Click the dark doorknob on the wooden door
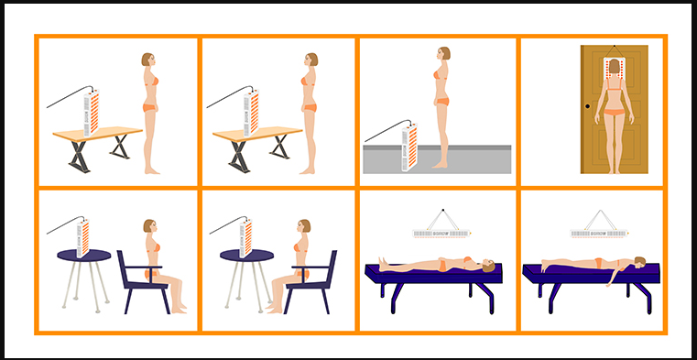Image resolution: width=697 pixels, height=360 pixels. [588, 107]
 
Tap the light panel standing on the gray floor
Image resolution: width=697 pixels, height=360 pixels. [408, 147]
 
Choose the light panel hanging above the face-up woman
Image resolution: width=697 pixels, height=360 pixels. [443, 234]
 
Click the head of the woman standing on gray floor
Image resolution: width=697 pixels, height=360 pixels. [442, 54]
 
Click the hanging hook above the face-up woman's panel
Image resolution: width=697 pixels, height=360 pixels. [443, 205]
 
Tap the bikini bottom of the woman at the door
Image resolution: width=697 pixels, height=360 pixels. [614, 115]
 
